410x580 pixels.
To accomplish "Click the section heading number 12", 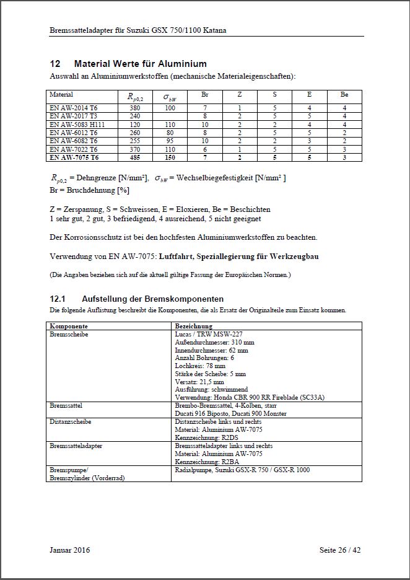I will click(x=55, y=64).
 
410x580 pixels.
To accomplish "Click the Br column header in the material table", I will click(x=205, y=95).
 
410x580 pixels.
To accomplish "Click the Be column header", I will click(x=344, y=95).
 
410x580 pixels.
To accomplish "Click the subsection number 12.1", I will click(x=57, y=299).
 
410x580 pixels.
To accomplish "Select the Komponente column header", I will click(x=68, y=325).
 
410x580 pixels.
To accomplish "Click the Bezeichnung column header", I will click(x=194, y=325).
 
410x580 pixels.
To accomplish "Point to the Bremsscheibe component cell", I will click(x=68, y=333).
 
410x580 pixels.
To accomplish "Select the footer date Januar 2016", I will click(x=69, y=550).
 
